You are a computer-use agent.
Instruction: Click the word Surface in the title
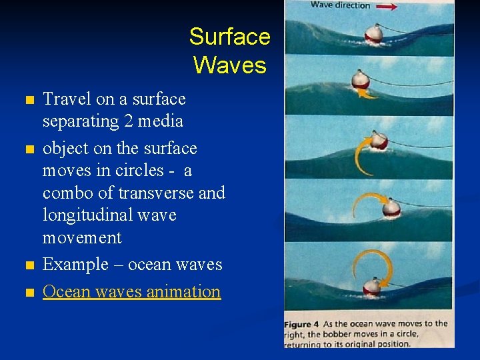click(229, 36)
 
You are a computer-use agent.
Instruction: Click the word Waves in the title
click(229, 65)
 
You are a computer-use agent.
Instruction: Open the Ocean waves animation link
click(131, 291)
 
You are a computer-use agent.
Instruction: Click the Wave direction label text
click(340, 6)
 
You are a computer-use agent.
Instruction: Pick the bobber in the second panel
click(361, 80)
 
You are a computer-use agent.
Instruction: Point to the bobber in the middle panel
click(379, 141)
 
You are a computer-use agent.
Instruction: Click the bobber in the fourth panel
click(391, 209)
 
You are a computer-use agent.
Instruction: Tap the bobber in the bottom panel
click(372, 287)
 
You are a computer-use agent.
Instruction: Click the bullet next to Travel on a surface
click(28, 101)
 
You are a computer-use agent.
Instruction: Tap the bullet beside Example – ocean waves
click(28, 266)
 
